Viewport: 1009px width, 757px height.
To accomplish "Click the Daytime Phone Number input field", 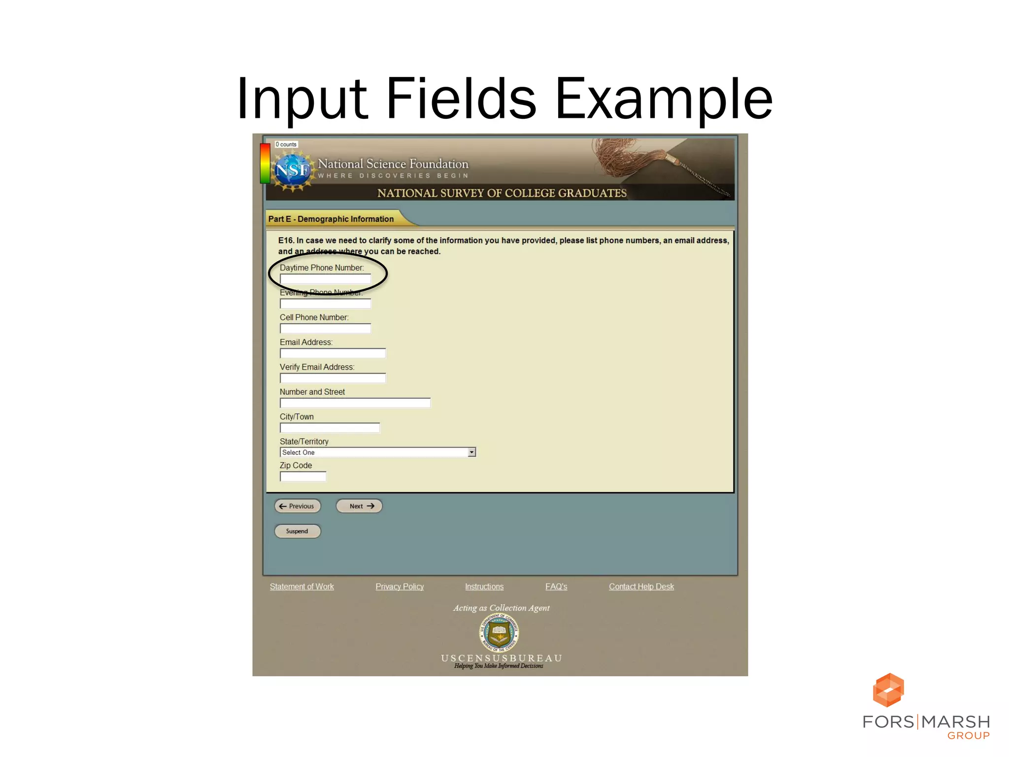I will (325, 279).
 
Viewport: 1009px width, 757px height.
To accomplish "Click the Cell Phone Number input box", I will (325, 328).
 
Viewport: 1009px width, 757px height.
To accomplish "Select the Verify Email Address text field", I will (333, 378).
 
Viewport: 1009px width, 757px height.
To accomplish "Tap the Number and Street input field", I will (355, 403).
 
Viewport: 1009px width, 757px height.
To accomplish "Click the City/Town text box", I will (330, 428).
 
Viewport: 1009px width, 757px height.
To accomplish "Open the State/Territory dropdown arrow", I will (471, 452).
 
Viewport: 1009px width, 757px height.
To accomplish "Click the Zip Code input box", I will (303, 477).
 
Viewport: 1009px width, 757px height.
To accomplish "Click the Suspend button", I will (297, 531).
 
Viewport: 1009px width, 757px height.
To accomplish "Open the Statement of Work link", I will (302, 586).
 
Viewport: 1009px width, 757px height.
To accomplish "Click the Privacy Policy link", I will (400, 586).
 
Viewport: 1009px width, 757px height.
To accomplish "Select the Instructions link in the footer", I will (484, 586).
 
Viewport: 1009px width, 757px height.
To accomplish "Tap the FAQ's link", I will (556, 586).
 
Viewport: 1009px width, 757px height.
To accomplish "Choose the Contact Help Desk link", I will (641, 586).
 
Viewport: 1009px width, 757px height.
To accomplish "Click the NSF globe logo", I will (293, 171).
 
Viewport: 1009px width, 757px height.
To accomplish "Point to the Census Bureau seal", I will (499, 632).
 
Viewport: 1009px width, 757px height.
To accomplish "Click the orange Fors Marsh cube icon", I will (888, 690).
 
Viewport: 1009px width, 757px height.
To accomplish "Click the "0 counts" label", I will (286, 144).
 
